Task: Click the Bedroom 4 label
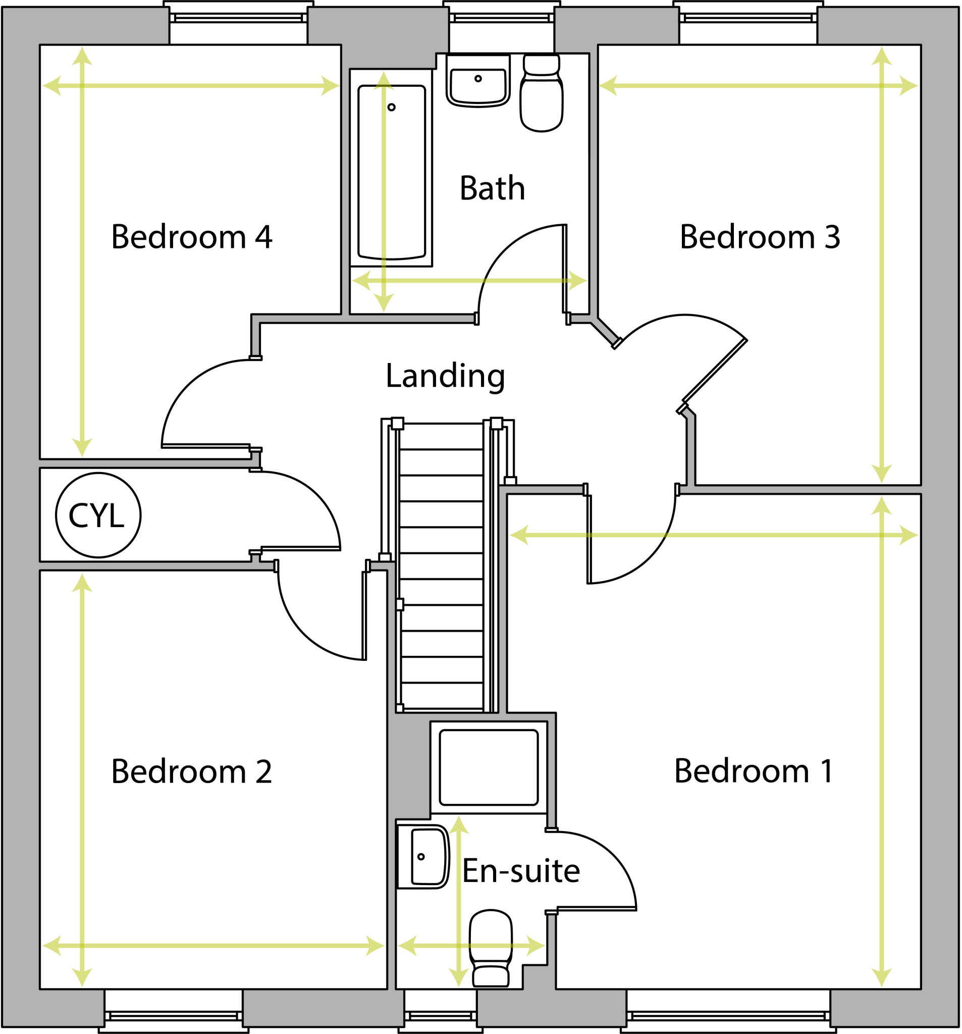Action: point(191,237)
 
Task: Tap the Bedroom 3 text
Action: point(759,237)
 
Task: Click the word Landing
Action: point(445,376)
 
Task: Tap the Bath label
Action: point(492,188)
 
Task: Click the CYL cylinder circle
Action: point(98,515)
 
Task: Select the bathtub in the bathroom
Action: point(392,172)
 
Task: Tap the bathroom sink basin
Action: point(478,86)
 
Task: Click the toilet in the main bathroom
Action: point(542,93)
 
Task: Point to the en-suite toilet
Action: point(491,948)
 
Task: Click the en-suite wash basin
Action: point(427,856)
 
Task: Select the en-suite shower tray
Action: point(488,767)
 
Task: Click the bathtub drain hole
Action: point(392,107)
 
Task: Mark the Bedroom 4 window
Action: point(239,18)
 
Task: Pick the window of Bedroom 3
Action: point(749,18)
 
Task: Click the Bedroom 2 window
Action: point(174,1015)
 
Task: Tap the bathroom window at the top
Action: point(501,18)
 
